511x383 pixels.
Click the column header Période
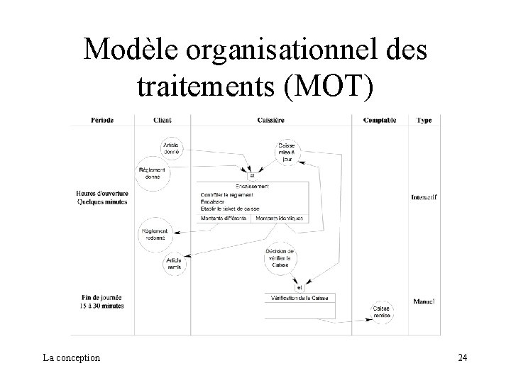[x=102, y=121]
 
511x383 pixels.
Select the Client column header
[x=162, y=121]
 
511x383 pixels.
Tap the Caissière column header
[x=272, y=121]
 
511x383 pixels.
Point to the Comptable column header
[x=380, y=121]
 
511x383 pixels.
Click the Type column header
[x=424, y=121]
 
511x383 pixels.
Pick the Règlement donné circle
[x=153, y=174]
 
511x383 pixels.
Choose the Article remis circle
[x=175, y=265]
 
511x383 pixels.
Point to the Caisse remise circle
[x=380, y=312]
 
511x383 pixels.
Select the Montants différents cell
[x=224, y=218]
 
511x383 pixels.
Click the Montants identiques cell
[x=280, y=218]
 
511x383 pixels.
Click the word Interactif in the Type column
[x=424, y=196]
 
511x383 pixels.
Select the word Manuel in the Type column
[x=424, y=301]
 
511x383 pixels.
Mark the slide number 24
[x=462, y=357]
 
